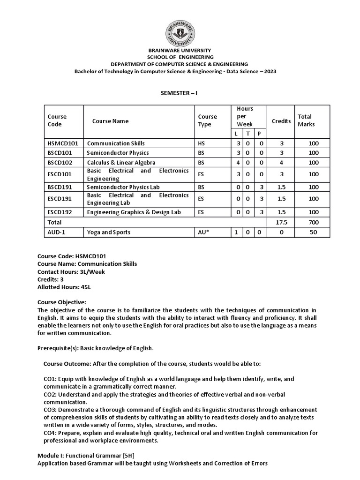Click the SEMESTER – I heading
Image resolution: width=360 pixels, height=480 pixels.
pyautogui.click(x=180, y=93)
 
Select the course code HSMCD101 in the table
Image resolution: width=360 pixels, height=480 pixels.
pyautogui.click(x=62, y=143)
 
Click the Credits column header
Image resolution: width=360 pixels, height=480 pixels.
pyautogui.click(x=281, y=121)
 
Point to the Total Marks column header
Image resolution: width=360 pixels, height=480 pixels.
pyautogui.click(x=306, y=120)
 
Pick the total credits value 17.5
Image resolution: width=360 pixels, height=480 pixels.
pyautogui.click(x=281, y=222)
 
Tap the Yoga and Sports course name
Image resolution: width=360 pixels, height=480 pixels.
pyautogui.click(x=109, y=232)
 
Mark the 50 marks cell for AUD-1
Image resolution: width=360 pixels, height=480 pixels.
pyautogui.click(x=313, y=232)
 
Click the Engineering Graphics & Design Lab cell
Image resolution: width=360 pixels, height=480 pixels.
pyautogui.click(x=134, y=212)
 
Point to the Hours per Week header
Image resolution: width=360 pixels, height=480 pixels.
pyautogui.click(x=245, y=116)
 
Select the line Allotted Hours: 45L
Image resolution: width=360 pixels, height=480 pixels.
pyautogui.click(x=67, y=286)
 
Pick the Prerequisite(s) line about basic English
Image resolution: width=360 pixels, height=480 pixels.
pyautogui.click(x=95, y=348)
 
